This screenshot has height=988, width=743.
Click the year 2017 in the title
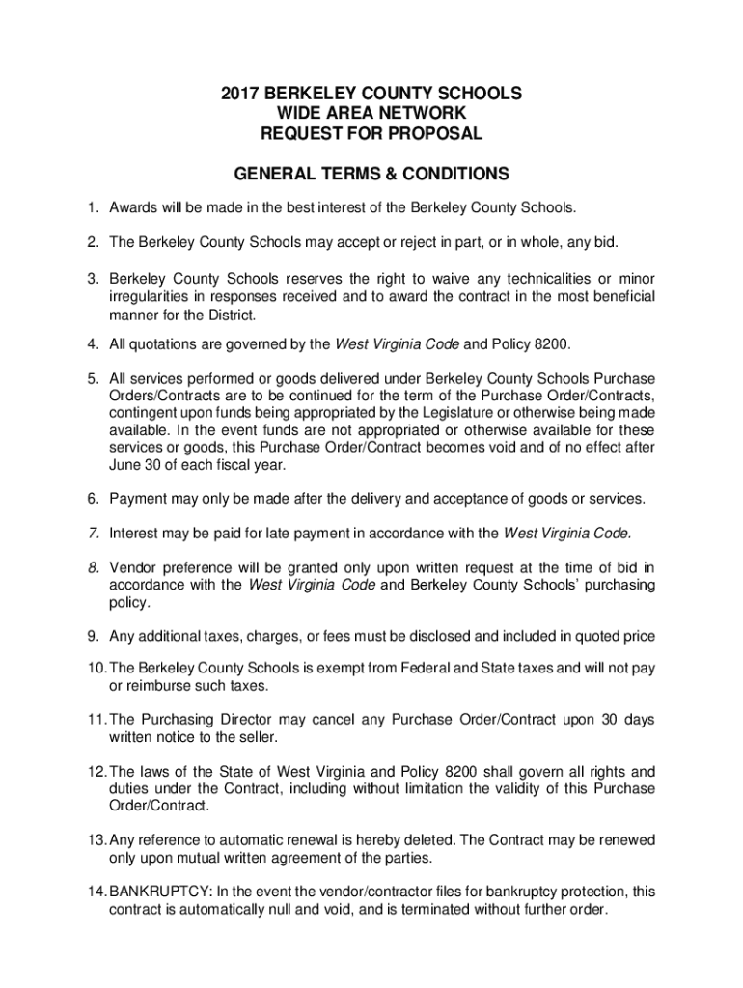coord(240,94)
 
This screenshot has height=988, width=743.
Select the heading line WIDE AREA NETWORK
coord(371,114)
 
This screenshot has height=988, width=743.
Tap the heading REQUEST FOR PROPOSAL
coord(371,134)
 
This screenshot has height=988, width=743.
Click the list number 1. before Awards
coord(93,207)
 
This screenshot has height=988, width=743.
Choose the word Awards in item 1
coord(133,207)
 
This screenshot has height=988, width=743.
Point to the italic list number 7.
coord(93,533)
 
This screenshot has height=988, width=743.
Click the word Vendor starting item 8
coord(133,566)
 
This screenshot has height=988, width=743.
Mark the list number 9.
coord(93,636)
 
